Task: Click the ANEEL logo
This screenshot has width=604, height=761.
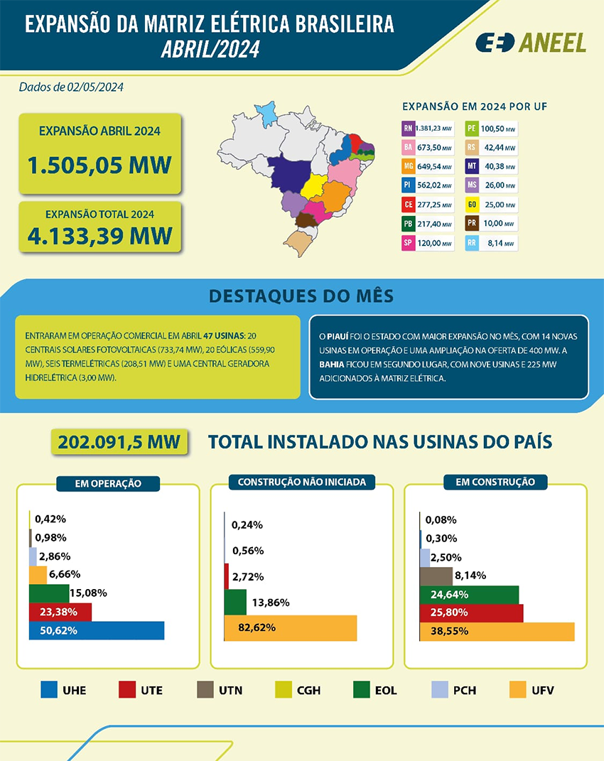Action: [531, 43]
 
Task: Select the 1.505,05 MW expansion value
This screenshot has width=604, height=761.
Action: [99, 165]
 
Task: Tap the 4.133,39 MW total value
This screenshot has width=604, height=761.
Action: [99, 235]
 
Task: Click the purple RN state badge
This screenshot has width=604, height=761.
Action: [408, 129]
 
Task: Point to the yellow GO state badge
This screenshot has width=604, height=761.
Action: [471, 205]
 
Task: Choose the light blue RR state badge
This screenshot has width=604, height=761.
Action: [471, 243]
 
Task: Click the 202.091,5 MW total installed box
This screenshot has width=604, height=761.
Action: [119, 441]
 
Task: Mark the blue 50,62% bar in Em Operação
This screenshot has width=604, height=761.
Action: [96, 630]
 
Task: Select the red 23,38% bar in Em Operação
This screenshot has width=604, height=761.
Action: [60, 612]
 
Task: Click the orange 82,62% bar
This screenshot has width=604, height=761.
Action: [290, 627]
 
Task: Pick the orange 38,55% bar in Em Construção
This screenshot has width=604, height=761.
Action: [497, 631]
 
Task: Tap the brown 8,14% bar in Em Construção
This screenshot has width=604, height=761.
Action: [436, 576]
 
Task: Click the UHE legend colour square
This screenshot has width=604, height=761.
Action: [49, 689]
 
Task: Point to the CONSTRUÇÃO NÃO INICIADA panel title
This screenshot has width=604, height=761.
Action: [301, 482]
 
